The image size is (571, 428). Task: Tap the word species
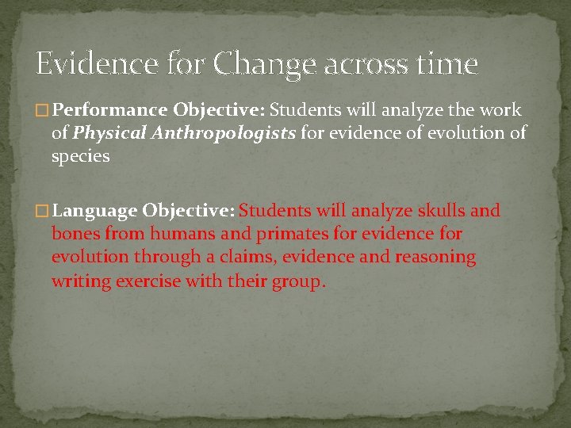coord(81,156)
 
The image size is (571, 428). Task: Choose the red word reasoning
coord(431,258)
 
